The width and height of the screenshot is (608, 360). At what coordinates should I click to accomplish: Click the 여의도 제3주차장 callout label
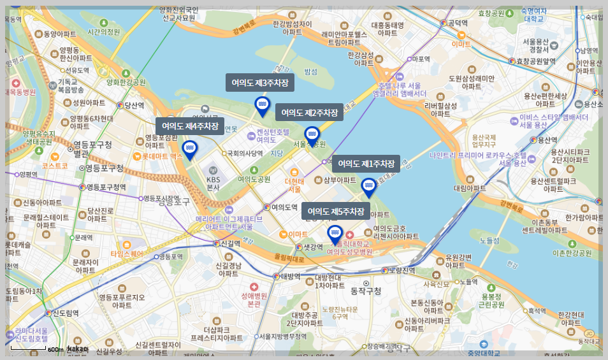click(260, 83)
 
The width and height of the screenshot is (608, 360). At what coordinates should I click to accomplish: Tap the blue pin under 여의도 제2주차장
click(312, 135)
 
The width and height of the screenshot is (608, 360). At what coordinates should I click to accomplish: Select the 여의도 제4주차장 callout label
click(190, 126)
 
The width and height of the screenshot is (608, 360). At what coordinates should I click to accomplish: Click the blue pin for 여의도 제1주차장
click(368, 187)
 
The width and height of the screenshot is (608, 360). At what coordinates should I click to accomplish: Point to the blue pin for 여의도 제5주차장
click(335, 234)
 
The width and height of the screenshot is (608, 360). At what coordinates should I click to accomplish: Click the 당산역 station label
click(134, 106)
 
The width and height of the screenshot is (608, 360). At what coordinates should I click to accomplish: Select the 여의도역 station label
click(284, 207)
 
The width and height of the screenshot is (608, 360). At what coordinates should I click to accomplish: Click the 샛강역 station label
click(312, 247)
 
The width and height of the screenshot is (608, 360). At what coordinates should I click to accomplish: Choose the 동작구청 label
click(366, 291)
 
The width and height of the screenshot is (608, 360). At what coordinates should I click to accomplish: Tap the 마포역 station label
click(421, 59)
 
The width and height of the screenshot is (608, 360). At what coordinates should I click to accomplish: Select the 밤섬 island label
click(311, 71)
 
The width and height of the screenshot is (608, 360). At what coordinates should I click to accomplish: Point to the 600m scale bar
click(29, 349)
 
